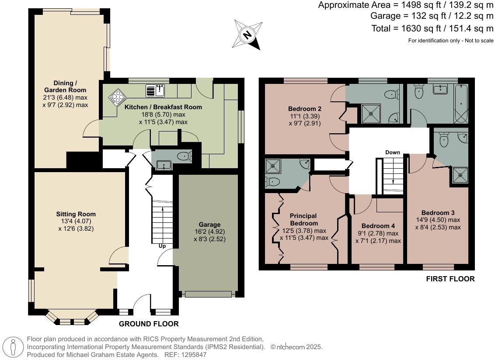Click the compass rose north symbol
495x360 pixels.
pos(248,35)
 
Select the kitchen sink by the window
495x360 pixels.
pos(156,90)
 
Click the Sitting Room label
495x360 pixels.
pos(76,214)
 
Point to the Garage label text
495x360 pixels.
pos(209,225)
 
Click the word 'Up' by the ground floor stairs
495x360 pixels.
pos(162,246)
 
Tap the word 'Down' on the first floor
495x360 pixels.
pos(392,152)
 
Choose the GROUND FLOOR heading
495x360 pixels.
pos(149,324)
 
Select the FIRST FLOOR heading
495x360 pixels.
pos(450,279)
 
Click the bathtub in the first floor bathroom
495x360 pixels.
pos(461,104)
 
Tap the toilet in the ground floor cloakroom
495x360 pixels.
pos(185,156)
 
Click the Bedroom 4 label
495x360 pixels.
pos(378,226)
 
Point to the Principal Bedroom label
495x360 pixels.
pos(303,219)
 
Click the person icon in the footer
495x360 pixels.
pos(13,347)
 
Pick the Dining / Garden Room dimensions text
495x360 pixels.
pos(65,101)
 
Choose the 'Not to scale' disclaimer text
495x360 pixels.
pos(479,40)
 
